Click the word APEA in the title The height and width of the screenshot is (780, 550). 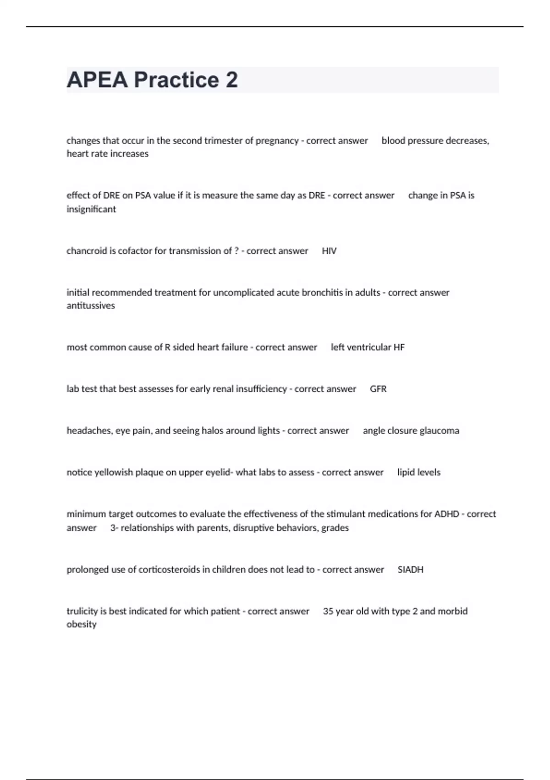[97, 80]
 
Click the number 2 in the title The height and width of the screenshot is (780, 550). [231, 80]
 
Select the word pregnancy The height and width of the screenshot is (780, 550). [277, 141]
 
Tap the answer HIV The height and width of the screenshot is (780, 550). [329, 251]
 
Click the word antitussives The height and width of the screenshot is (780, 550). [91, 306]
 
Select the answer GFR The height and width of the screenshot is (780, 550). [378, 389]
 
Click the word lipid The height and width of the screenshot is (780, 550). [406, 473]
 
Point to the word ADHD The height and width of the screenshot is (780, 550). [446, 514]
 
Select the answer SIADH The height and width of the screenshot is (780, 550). [410, 570]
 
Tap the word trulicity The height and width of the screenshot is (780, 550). [82, 612]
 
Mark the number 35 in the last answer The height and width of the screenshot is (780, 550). [328, 612]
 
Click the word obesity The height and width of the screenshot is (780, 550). [82, 624]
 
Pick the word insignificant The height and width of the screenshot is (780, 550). [91, 210]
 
